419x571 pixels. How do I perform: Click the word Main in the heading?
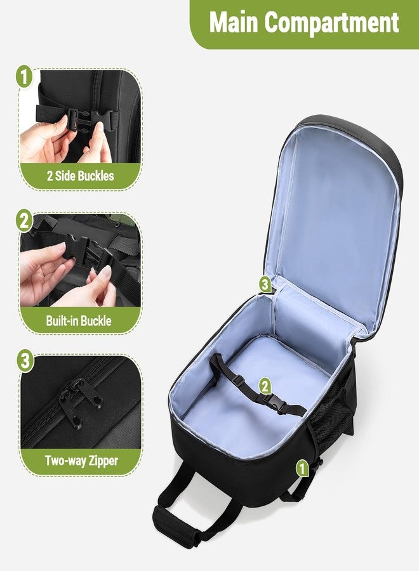(x=234, y=23)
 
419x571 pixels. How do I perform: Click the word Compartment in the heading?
(x=332, y=23)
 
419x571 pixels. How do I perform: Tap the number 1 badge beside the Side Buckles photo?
(x=24, y=78)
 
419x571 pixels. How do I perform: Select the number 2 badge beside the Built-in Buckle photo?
(x=24, y=221)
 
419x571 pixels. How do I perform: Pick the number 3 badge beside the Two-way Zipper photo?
(x=25, y=362)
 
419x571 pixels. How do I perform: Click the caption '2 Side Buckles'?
(x=80, y=176)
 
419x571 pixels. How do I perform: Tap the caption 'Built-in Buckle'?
(x=79, y=320)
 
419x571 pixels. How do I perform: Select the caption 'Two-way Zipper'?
(x=81, y=461)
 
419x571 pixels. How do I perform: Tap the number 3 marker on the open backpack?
(x=265, y=284)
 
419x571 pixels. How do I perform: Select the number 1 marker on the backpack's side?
(x=302, y=468)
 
